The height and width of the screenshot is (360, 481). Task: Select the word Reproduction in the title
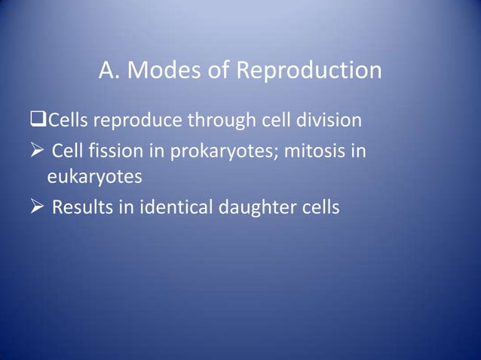(309, 71)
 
